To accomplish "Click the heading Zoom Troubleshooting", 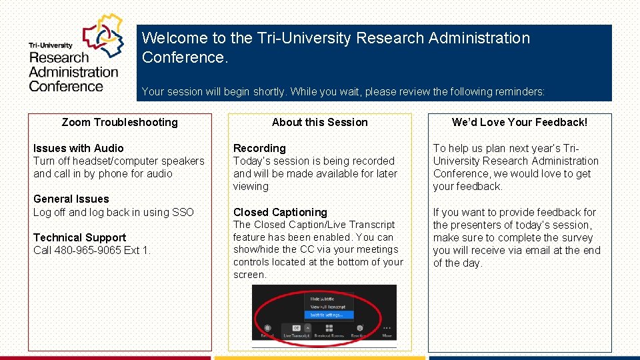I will (x=119, y=122).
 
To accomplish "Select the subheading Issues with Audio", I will (x=78, y=148).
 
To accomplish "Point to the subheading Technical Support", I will (x=79, y=237).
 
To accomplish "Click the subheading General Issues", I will (x=71, y=199).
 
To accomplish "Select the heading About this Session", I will (x=319, y=122).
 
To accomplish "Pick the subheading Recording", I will (x=259, y=148).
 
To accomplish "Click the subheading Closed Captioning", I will (x=280, y=212).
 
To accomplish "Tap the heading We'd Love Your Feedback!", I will (x=519, y=122).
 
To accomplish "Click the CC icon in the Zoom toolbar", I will (x=296, y=328).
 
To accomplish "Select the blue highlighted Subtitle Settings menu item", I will (x=327, y=315).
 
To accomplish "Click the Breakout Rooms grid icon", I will (x=329, y=328).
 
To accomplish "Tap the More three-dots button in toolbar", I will (x=387, y=328).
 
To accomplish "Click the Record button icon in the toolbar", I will (x=267, y=328).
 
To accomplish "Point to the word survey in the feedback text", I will (x=577, y=237).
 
